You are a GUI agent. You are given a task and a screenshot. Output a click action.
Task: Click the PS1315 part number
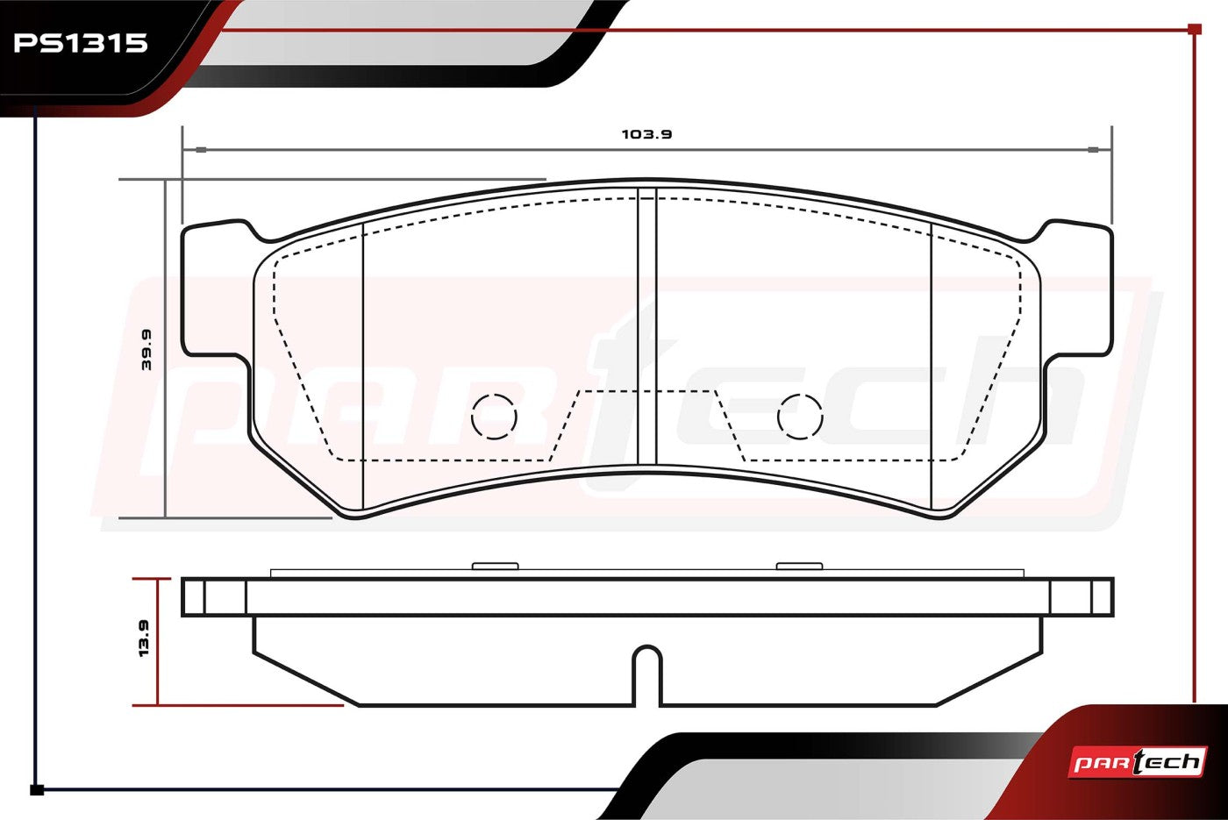click(81, 43)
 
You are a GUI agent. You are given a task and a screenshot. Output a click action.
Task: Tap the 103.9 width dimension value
click(647, 134)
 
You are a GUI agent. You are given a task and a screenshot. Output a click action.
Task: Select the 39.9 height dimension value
click(146, 350)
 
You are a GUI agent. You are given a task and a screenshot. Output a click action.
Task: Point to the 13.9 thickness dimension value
click(144, 638)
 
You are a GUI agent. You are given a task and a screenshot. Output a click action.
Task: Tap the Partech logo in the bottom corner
click(1137, 762)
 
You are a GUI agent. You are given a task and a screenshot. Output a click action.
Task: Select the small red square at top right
click(1195, 29)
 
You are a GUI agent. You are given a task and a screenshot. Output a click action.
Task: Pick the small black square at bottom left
click(37, 790)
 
